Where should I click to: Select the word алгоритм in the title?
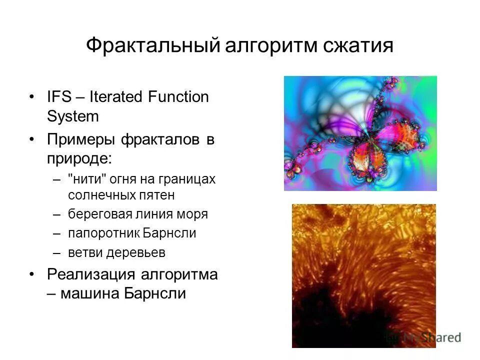269,45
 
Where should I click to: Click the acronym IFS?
59,96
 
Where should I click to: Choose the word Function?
178,96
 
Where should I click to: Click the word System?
73,116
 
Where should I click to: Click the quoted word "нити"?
85,179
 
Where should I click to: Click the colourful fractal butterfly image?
360,133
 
